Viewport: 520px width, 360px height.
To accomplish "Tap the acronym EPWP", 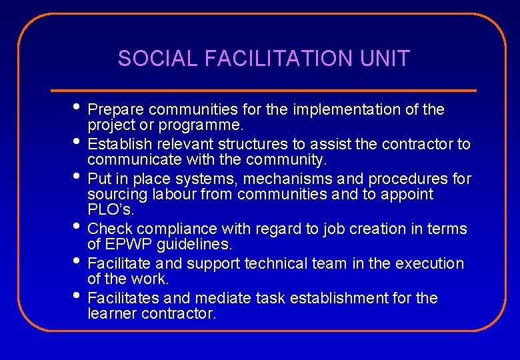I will coord(131,245).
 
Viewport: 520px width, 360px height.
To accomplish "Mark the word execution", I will coord(429,264).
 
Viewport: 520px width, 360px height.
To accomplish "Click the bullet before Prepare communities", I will coord(78,107).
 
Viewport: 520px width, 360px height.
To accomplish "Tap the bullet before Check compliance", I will coord(78,227).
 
